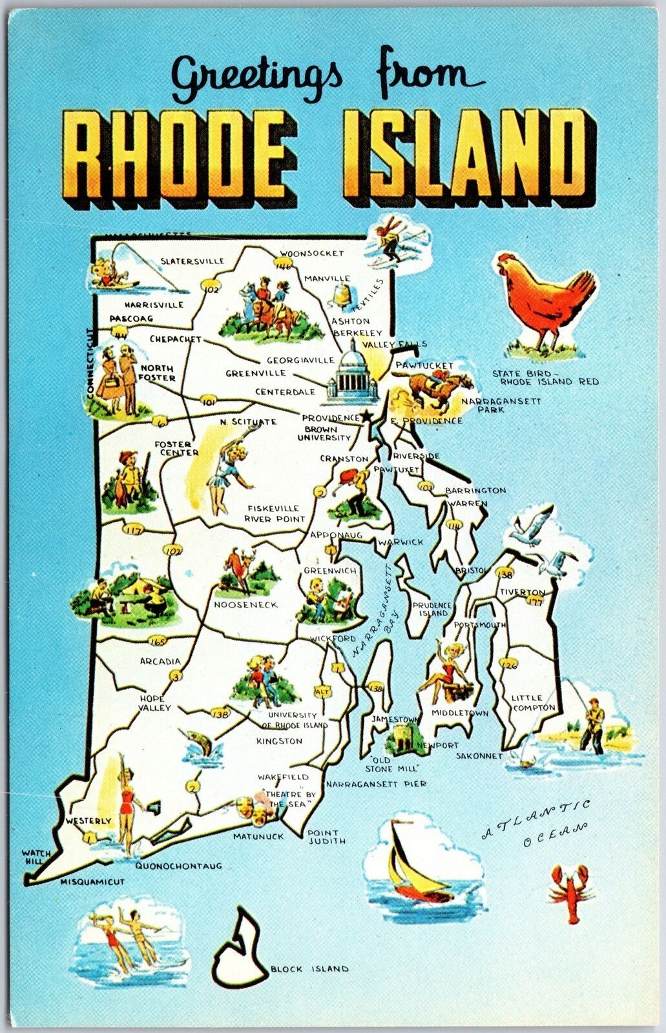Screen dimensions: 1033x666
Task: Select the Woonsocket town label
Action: tap(312, 253)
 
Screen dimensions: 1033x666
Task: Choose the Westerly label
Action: tap(88, 821)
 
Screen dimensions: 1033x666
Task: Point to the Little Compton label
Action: tap(534, 702)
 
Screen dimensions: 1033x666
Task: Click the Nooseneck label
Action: tap(245, 604)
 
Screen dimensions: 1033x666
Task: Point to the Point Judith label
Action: tap(326, 837)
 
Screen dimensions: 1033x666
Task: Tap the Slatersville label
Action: tap(191, 261)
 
